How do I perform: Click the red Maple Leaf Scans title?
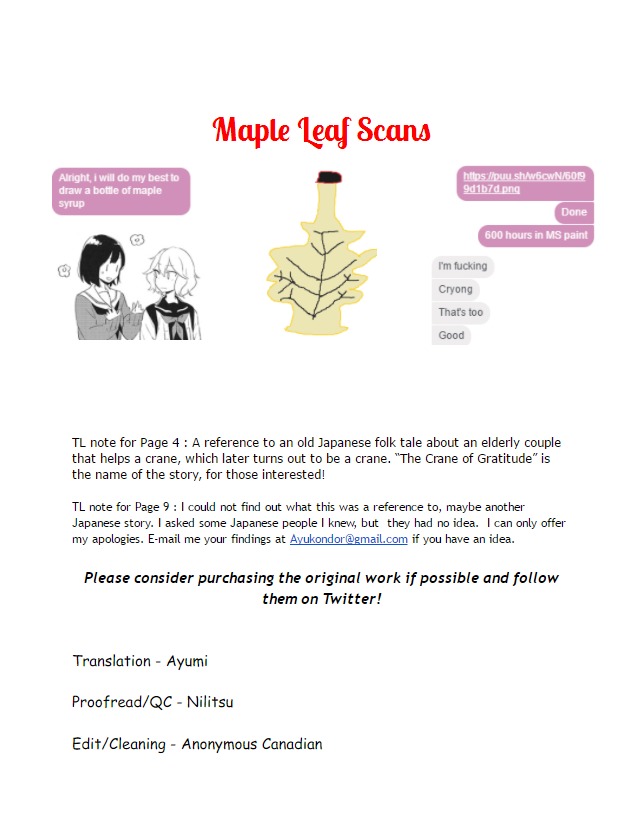click(322, 131)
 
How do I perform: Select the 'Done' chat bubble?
click(574, 212)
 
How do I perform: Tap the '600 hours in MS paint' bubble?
click(536, 236)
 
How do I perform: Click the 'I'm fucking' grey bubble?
click(462, 266)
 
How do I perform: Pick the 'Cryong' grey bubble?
click(455, 289)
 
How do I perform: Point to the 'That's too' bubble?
click(460, 312)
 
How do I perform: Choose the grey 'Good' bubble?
click(451, 335)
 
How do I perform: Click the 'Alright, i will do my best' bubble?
click(121, 190)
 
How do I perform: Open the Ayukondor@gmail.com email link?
click(348, 539)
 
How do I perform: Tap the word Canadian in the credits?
click(291, 744)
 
